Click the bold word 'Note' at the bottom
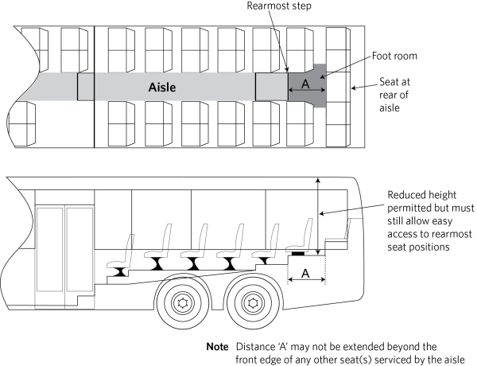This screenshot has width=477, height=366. click(x=217, y=346)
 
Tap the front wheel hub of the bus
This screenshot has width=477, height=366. click(x=184, y=303)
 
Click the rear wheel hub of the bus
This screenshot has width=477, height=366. click(x=254, y=303)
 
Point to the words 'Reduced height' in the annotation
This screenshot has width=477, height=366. click(x=420, y=195)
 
